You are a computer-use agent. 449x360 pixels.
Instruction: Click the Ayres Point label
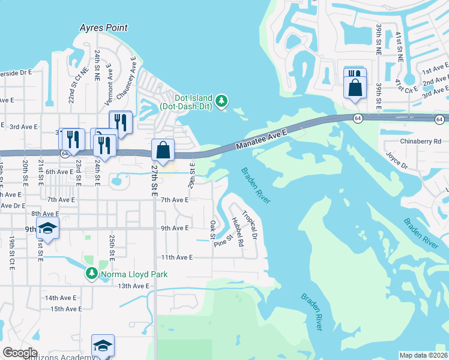(x=103, y=28)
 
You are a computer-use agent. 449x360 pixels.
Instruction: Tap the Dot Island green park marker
(x=223, y=101)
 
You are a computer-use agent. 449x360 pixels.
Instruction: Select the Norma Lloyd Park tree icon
(x=91, y=274)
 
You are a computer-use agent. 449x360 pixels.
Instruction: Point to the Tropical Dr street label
(x=250, y=224)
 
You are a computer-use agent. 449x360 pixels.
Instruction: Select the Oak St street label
(x=212, y=229)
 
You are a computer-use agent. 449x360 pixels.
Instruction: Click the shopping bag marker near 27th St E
(x=162, y=151)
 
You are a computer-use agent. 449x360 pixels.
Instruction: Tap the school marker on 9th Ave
(x=47, y=229)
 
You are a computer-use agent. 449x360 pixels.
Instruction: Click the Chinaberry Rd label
(x=420, y=142)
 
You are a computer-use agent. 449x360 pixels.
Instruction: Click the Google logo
(x=20, y=353)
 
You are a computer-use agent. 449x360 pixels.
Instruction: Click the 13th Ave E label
(x=133, y=286)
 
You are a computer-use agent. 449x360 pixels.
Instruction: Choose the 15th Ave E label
(x=66, y=309)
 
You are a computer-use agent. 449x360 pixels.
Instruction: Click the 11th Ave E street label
(x=176, y=257)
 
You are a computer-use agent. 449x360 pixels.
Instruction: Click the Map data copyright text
(x=423, y=355)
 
